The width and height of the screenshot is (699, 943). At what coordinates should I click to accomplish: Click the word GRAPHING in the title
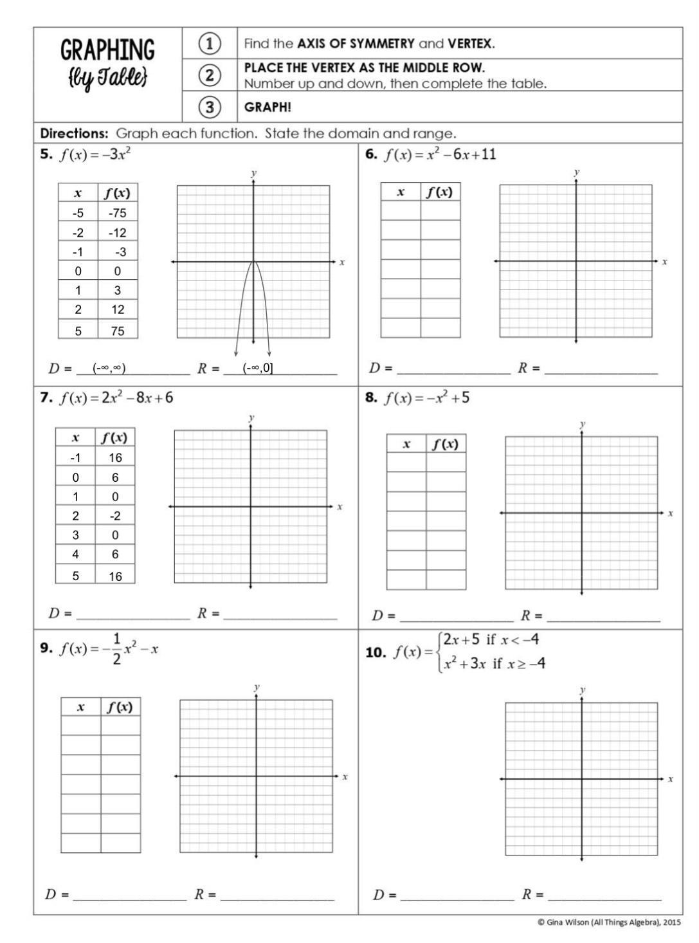[107, 50]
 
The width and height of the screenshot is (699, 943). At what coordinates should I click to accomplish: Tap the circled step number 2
[210, 75]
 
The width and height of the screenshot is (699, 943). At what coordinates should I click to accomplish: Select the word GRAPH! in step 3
[268, 107]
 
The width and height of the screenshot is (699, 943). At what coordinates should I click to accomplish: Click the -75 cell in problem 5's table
[118, 213]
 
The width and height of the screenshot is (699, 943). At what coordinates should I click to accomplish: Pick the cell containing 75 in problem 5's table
[118, 331]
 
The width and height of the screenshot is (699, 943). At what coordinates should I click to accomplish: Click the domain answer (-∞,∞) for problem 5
[109, 368]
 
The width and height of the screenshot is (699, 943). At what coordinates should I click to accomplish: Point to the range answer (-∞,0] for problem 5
[258, 368]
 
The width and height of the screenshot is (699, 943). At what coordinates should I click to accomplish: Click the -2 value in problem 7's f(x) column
[115, 516]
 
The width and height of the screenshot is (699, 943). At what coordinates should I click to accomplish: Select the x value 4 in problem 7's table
[76, 554]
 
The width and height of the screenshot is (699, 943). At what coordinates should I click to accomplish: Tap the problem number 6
[370, 154]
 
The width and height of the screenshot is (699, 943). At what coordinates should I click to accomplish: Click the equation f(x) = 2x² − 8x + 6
[116, 398]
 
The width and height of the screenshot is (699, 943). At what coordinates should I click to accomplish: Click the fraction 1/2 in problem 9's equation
[116, 648]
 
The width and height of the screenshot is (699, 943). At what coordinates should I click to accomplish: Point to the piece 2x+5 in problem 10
[461, 639]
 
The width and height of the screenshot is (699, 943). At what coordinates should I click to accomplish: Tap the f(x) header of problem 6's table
[440, 192]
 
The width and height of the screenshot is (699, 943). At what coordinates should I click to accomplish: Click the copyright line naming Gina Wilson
[608, 922]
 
